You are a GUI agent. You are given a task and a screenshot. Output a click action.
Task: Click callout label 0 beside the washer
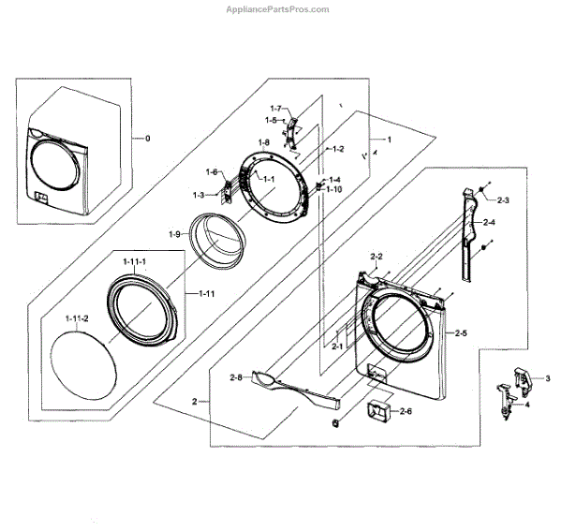[x=145, y=138]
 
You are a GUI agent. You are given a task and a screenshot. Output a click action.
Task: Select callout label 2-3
[x=503, y=200]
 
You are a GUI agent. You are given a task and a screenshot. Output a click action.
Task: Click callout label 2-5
[x=459, y=332]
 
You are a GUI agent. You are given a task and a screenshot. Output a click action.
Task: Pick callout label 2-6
[x=406, y=411]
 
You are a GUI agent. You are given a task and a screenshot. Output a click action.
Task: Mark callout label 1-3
[x=199, y=194]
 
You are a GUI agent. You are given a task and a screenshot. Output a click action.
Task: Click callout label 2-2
[x=377, y=256]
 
